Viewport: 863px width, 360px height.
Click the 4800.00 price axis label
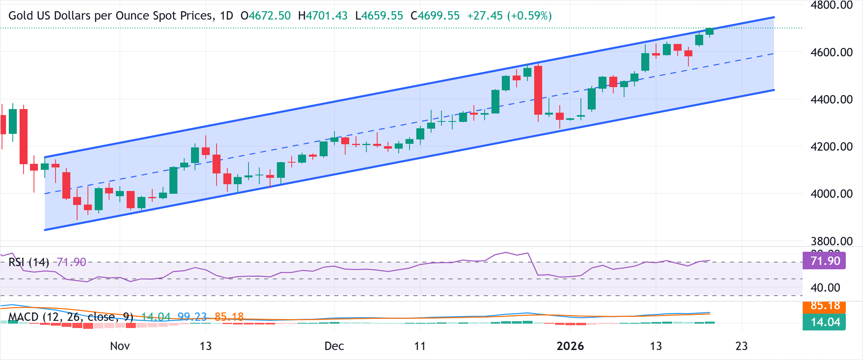coord(831,5)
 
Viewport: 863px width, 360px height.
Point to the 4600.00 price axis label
coord(831,52)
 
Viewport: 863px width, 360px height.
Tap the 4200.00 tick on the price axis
coord(831,147)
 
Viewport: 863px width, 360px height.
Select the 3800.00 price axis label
coord(831,241)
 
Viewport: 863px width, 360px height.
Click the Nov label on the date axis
coord(119,346)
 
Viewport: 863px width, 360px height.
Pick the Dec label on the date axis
coord(334,346)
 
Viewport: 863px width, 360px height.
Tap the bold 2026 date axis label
coord(570,346)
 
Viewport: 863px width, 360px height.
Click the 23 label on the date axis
coord(742,346)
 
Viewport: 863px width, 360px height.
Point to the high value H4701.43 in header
coord(323,16)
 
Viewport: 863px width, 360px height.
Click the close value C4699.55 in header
coord(435,16)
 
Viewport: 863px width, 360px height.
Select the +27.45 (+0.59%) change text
coord(509,16)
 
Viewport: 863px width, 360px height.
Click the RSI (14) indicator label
coord(28,262)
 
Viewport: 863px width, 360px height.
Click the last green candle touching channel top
coord(710,31)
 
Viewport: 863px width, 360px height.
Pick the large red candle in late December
coord(538,90)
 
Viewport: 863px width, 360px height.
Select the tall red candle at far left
coord(24,136)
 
